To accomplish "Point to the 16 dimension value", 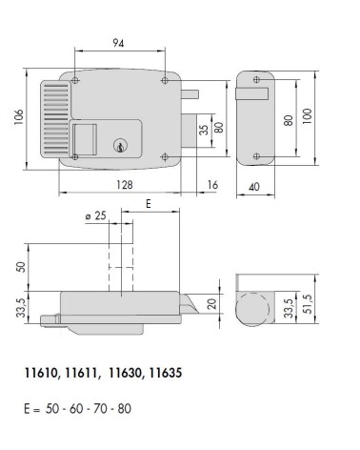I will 211,184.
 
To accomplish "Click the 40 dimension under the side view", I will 254,188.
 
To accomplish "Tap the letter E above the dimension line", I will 149,204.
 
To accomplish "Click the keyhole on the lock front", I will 119,146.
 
